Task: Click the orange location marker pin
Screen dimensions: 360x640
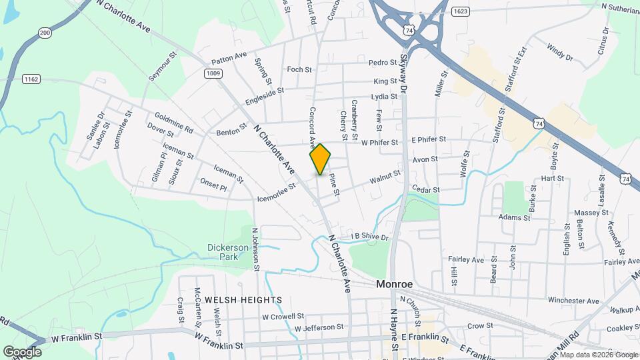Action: [x=320, y=159]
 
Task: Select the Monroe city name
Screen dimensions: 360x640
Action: [x=394, y=284]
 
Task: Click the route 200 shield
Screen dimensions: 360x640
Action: [x=45, y=33]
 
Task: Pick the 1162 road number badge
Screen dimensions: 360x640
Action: [x=31, y=79]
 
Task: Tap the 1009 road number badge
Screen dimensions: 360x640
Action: [x=213, y=73]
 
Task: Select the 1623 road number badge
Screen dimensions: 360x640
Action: [x=459, y=11]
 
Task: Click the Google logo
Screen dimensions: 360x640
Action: [x=22, y=351]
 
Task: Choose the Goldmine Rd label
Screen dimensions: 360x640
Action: [x=173, y=121]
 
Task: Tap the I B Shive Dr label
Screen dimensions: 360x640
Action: [x=369, y=237]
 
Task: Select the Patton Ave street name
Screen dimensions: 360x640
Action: [x=229, y=55]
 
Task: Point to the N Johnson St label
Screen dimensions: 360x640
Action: [x=255, y=248]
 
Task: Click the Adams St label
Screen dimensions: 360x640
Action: [x=514, y=217]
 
